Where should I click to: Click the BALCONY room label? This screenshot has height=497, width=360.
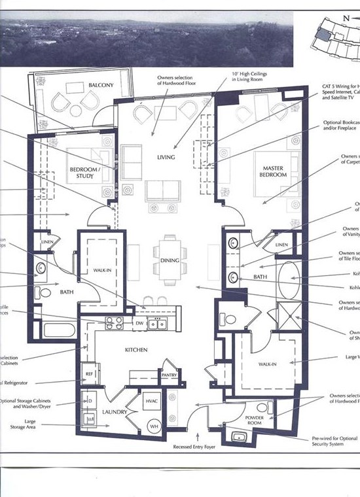[x=101, y=85]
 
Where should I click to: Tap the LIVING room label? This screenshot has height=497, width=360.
[x=167, y=157]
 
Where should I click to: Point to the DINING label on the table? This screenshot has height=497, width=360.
[x=170, y=260]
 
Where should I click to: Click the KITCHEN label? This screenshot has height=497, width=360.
[x=136, y=350]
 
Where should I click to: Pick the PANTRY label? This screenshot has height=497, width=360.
[x=170, y=375]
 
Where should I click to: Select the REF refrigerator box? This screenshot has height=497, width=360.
[x=90, y=374]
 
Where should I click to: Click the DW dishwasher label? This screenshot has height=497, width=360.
[x=139, y=322]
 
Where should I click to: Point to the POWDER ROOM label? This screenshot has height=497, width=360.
[x=254, y=420]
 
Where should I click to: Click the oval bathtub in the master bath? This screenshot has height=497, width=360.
[x=292, y=280]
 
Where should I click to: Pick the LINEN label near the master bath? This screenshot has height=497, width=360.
[x=281, y=245]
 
